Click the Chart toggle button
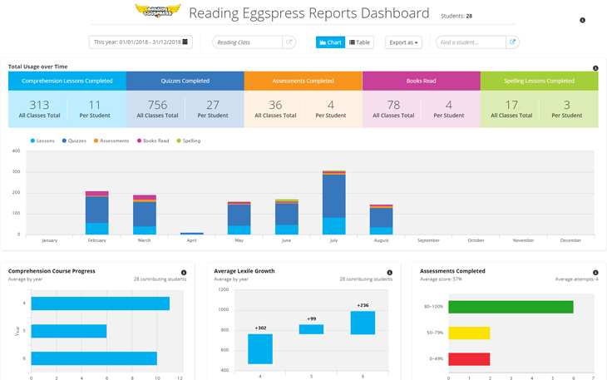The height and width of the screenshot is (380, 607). (x=329, y=42)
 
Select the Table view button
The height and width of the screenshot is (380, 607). (x=360, y=42)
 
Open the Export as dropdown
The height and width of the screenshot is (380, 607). (x=403, y=42)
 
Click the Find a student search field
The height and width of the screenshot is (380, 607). (x=471, y=42)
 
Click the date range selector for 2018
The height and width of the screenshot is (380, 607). (x=141, y=42)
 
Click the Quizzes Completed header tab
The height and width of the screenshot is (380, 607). (x=185, y=81)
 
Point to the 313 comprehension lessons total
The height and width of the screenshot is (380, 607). (x=39, y=105)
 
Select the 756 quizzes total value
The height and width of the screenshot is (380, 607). (x=156, y=105)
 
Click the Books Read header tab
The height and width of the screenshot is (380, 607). (x=421, y=81)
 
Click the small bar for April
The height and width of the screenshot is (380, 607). (x=192, y=234)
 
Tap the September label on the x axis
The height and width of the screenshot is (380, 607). (x=428, y=240)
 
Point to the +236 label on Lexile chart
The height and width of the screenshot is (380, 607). (x=362, y=305)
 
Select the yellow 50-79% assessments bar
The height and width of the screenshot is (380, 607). (x=469, y=333)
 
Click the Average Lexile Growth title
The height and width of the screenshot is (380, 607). (x=244, y=271)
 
